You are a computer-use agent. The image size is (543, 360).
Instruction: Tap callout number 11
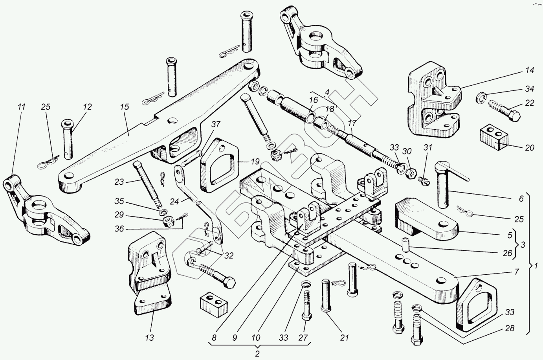[21, 107]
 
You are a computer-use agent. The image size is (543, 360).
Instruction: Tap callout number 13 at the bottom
[149, 338]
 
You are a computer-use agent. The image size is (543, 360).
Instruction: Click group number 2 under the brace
[257, 353]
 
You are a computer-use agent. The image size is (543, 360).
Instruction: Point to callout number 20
[529, 148]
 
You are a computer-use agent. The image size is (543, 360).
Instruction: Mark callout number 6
[521, 199]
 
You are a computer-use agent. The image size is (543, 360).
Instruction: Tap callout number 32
[228, 256]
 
